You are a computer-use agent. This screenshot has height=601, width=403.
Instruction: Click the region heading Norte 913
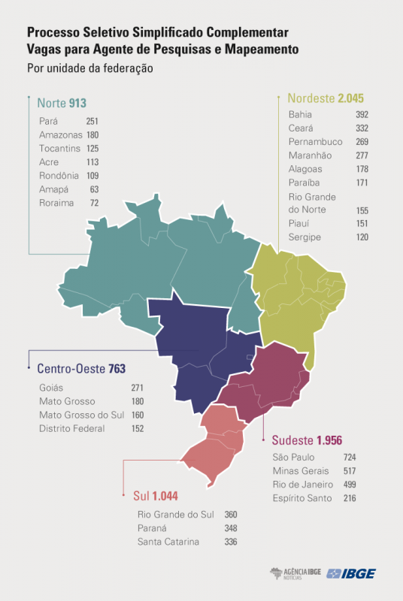(62, 102)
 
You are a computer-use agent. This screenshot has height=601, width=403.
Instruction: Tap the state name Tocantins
(59, 148)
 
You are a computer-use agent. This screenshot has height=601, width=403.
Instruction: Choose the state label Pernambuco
(315, 142)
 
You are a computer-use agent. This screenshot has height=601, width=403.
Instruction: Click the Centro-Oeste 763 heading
(81, 369)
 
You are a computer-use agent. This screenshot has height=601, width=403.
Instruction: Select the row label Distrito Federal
(71, 428)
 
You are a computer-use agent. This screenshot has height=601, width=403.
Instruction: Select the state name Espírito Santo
(304, 497)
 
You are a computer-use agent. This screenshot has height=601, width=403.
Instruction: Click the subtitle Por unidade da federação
(90, 68)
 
